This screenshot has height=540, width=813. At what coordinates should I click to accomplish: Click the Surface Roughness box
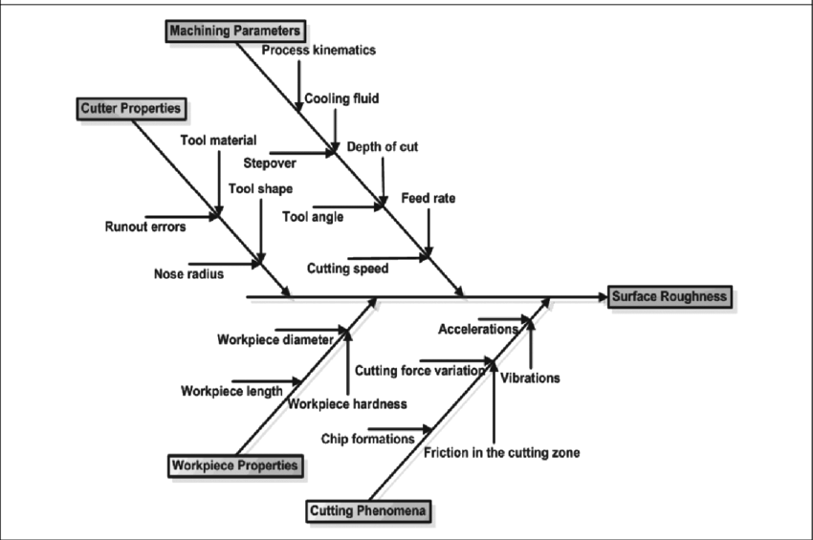coord(670,296)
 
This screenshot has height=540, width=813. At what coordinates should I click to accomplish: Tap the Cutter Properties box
coord(130,108)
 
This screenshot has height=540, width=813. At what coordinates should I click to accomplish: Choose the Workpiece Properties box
coord(235,466)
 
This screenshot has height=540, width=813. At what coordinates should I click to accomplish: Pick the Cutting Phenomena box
coord(369,511)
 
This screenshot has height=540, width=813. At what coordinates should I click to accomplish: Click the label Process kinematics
coord(319,50)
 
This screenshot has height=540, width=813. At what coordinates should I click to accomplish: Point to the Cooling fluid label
coord(341,98)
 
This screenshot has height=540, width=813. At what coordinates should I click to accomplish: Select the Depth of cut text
coord(382,147)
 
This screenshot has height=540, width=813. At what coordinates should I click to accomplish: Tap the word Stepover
coord(269,162)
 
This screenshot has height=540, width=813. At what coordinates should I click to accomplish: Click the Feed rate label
coord(428,199)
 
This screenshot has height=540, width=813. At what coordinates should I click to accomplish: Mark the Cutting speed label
coord(347,269)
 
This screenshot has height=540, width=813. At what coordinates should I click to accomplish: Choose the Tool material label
coord(218,140)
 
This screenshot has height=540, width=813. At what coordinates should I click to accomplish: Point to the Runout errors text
coord(145,227)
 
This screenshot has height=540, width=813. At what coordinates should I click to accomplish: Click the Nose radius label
coord(188,274)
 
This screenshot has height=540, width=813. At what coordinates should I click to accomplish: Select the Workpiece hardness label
coord(347,403)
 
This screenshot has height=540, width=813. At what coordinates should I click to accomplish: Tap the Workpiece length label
coord(231,390)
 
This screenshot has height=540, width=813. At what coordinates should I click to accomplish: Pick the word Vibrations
coord(530,378)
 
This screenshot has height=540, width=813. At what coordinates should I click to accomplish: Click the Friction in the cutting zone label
coord(501,452)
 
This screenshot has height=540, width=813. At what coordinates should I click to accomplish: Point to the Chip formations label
coord(368,439)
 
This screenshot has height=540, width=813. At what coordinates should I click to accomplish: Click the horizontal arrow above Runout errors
coord(179,217)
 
